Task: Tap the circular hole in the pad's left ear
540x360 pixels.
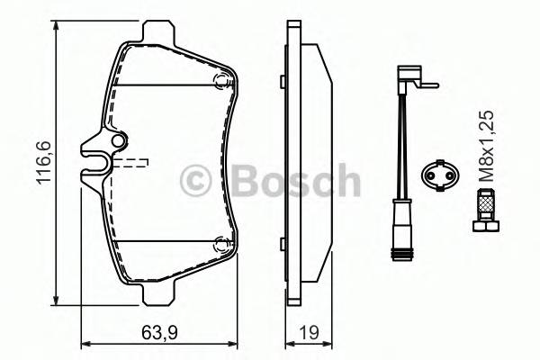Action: [116, 142]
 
